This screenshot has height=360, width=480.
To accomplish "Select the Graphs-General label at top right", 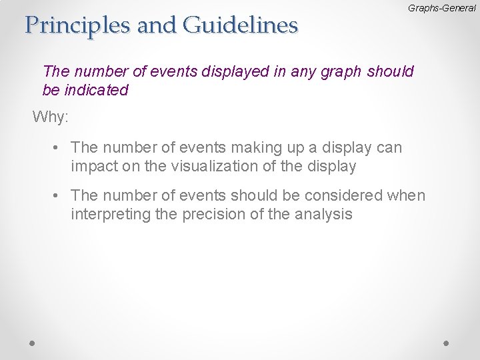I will coord(437,7).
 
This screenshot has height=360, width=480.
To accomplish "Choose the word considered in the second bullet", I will coord(333,195).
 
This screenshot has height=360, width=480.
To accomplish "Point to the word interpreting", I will coord(108,215).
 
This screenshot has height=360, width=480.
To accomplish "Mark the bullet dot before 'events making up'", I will coord(59,147).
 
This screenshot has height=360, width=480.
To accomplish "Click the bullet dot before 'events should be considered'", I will coord(59,195).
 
